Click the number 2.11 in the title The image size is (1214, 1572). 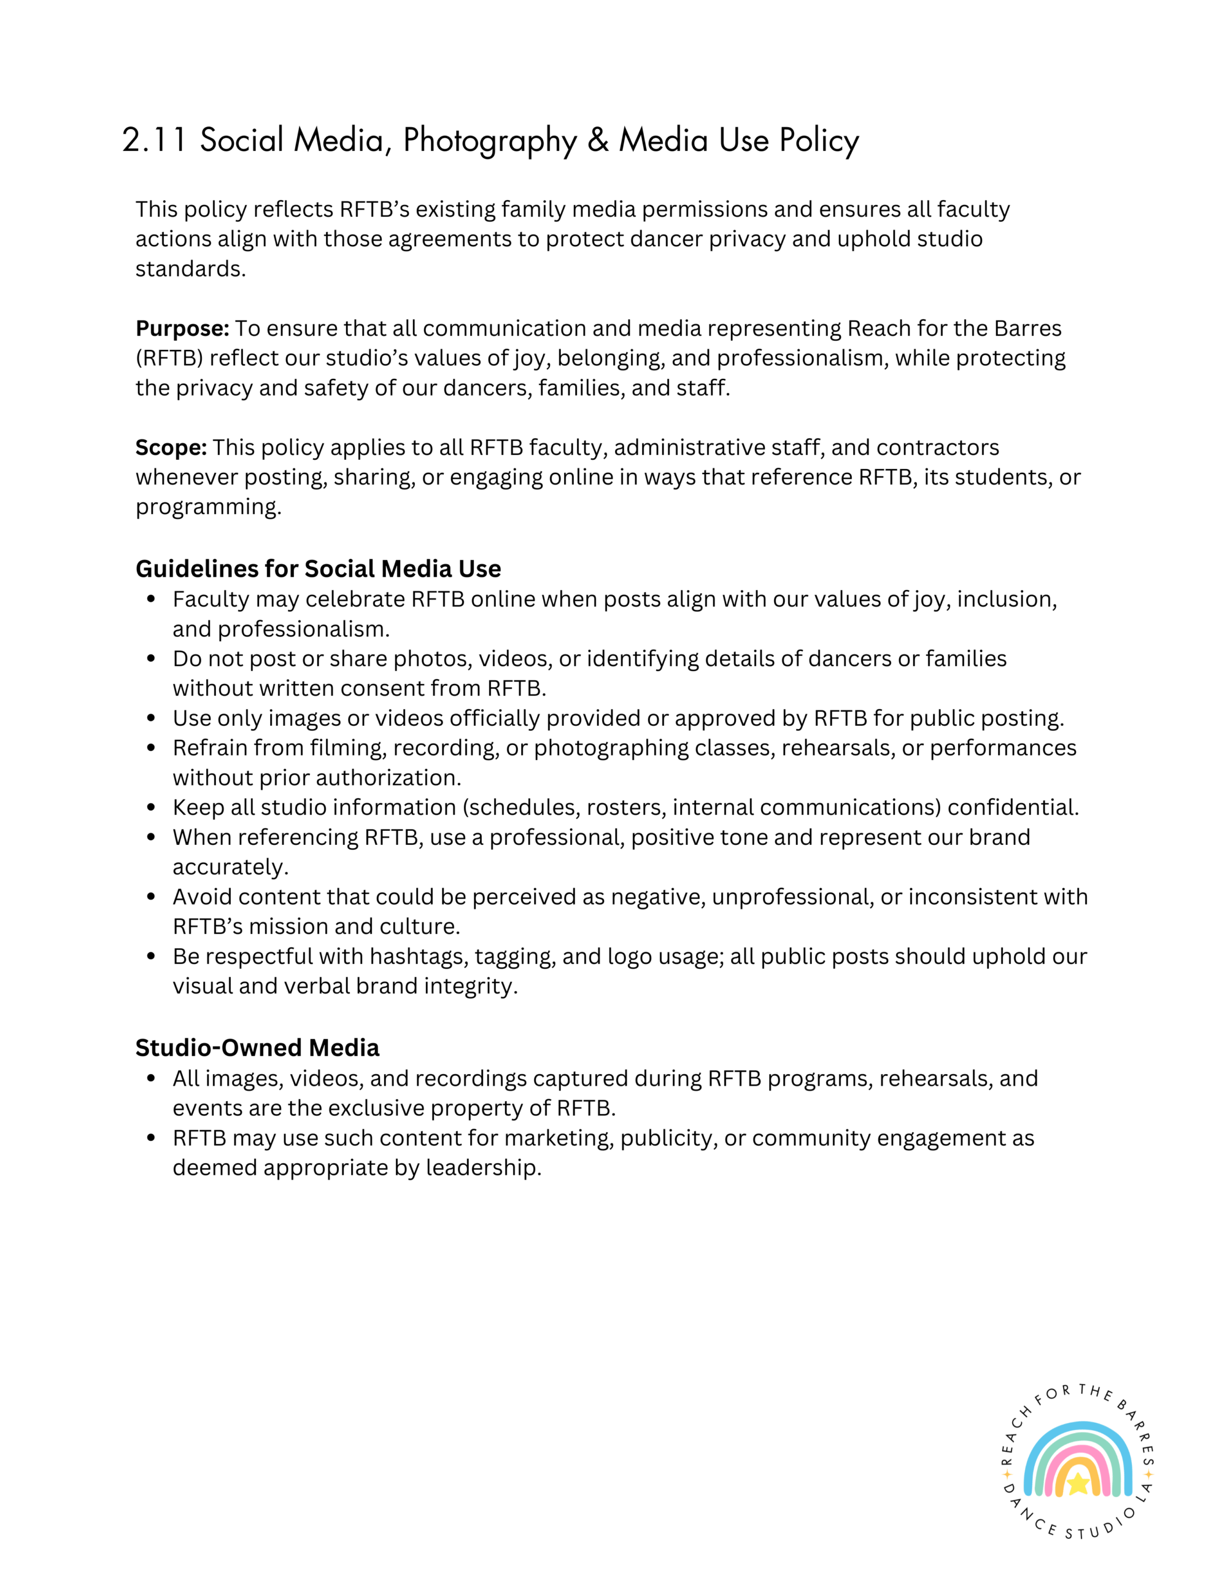coord(154,139)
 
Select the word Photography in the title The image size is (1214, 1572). coord(489,141)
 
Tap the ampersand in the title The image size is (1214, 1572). coord(597,139)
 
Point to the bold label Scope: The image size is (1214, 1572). coord(171,448)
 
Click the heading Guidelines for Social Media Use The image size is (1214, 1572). coord(318,569)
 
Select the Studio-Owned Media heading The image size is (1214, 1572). coord(257,1048)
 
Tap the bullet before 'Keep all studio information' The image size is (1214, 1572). coord(151,807)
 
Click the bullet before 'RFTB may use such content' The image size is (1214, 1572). coord(151,1138)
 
